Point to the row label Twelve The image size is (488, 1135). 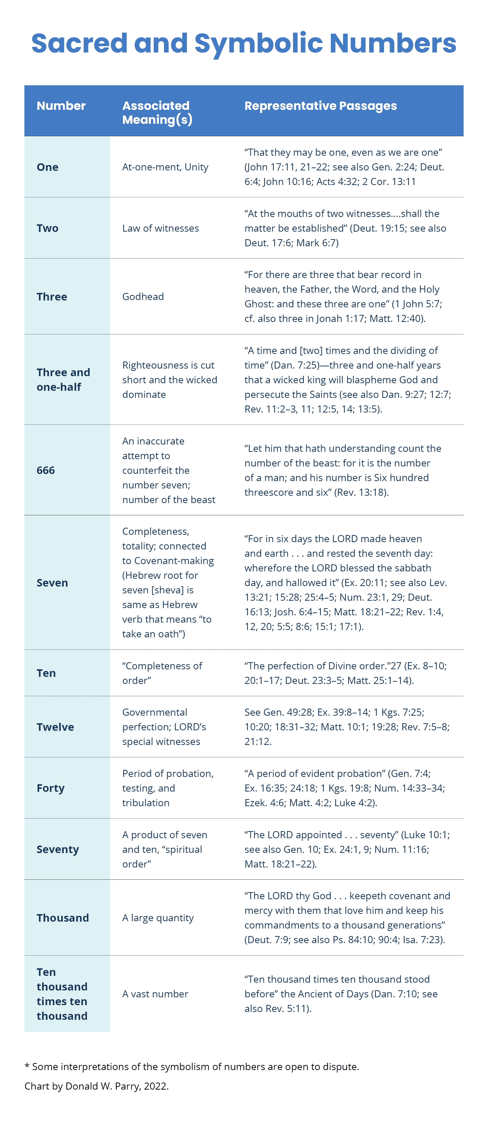pos(55,727)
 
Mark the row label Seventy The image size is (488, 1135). pos(57,849)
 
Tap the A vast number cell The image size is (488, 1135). pos(155,994)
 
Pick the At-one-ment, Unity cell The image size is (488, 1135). pos(165,167)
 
